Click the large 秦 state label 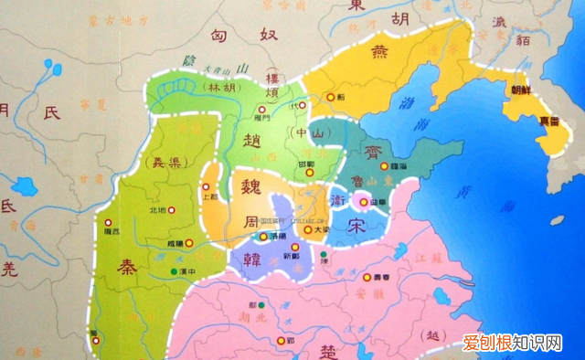point(125,267)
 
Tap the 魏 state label point(250,188)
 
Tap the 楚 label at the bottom point(332,351)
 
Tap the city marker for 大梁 point(306,230)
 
